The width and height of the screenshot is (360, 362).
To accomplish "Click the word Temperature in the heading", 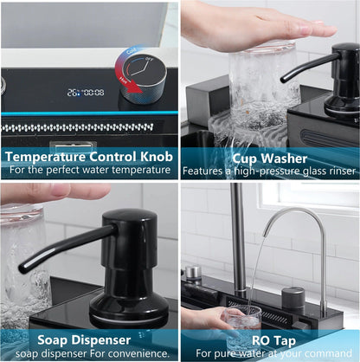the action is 46,157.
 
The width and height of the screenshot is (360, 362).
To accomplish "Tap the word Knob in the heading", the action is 157,157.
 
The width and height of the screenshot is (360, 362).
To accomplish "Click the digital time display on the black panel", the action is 86,93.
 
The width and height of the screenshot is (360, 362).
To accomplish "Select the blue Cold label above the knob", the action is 132,51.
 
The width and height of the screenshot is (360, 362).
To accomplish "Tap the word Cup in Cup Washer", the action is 244,159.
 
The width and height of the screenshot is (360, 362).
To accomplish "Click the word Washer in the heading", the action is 284,158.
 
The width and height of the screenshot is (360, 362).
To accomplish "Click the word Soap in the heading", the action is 53,339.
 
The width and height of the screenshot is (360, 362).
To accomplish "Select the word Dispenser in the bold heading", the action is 101,339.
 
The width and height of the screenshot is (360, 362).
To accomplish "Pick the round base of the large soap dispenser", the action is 129,311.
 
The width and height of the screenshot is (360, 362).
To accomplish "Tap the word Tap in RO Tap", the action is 285,341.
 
